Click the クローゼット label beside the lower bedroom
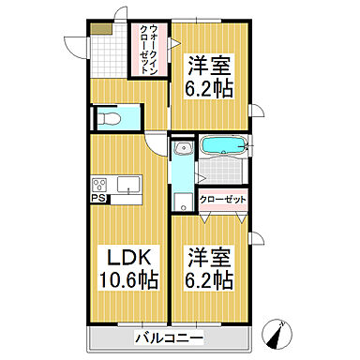tap(222, 200)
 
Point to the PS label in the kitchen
tap(97, 199)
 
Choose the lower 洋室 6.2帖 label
tap(209, 268)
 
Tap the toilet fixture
tap(110, 119)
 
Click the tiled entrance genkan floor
tap(111, 56)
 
